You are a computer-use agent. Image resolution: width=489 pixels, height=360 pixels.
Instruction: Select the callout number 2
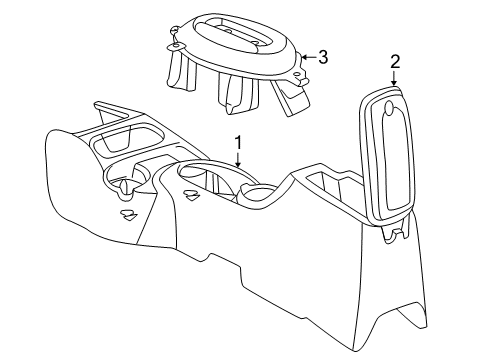coord(394,62)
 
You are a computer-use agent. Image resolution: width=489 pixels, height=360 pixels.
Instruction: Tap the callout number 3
coord(323,57)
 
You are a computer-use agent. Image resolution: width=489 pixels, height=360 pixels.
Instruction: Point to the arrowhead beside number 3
coord(304,57)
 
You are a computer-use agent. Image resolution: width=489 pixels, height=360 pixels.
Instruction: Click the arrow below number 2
coord(394,80)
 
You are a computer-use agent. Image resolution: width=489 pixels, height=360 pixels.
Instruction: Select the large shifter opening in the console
coord(205,180)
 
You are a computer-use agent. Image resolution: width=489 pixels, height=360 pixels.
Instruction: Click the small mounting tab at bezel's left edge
coord(174,46)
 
